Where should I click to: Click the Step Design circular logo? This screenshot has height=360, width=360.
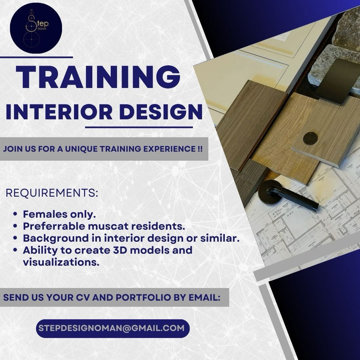coord(36,28)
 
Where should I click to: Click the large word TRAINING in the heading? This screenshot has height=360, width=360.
coord(98,77)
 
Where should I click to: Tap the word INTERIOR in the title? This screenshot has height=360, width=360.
coord(59,112)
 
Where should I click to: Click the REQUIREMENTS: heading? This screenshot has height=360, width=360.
coord(52,193)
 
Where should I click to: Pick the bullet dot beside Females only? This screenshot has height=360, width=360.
coord(15,214)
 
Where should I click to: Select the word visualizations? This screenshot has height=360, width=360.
coord(61,262)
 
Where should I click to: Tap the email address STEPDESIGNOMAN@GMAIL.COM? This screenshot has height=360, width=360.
coord(111,328)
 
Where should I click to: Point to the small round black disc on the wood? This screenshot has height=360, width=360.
coord(310,138)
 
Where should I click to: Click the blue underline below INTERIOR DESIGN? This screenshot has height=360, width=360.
coord(139,127)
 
